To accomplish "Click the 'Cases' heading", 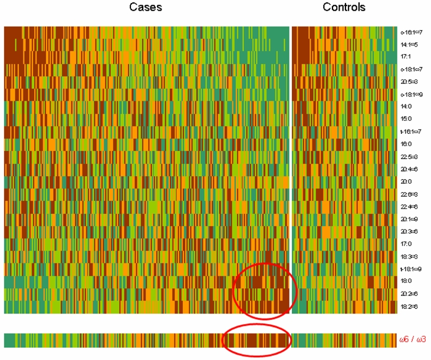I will (146, 8).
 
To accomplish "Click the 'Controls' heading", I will (344, 8).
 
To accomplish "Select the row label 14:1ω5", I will (409, 45).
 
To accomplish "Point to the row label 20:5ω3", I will (409, 82).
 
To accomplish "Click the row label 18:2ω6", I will (409, 306).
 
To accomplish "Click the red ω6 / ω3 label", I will (413, 340).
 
